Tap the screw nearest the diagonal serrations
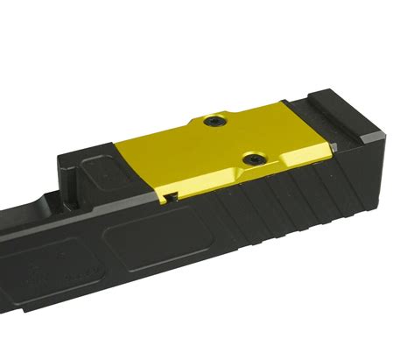254,159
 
